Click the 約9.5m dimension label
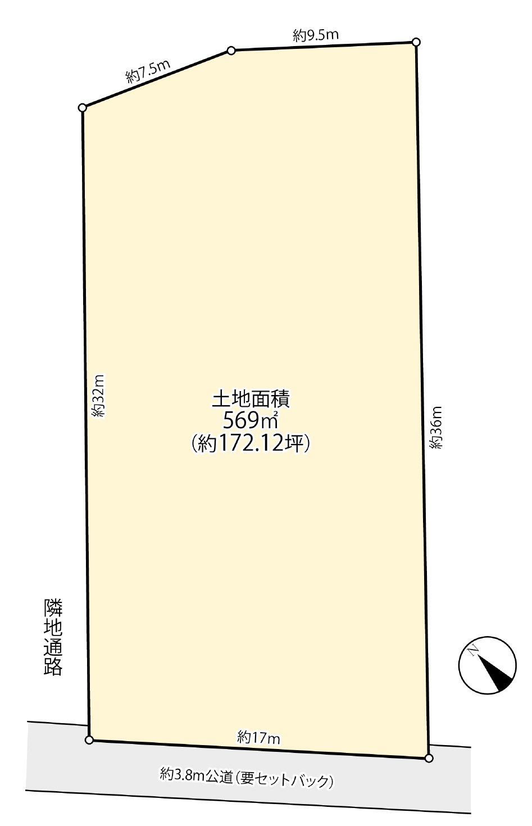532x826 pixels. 316,35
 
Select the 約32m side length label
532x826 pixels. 99,396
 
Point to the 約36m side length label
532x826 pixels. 436,427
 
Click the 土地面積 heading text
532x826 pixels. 251,399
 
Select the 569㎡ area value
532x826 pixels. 251,420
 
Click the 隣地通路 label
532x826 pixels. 53,637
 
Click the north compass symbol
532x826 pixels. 487,665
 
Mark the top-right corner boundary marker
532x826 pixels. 416,42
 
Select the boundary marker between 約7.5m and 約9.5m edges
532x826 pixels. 231,51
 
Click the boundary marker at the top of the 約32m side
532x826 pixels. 83,108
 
